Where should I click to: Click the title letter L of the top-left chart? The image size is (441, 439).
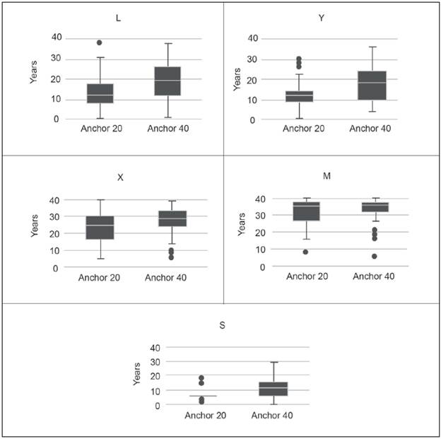[x=118, y=18]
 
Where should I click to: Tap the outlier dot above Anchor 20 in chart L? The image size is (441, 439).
[x=100, y=42]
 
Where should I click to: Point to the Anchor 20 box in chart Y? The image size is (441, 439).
[x=299, y=96]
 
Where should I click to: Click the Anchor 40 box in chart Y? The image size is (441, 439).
[x=372, y=85]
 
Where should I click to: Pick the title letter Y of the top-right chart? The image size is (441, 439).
[x=322, y=18]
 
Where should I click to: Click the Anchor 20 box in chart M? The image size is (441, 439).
[x=306, y=211]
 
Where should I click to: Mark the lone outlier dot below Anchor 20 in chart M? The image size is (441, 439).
[x=306, y=252]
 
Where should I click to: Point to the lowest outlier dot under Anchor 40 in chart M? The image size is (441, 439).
[x=374, y=256]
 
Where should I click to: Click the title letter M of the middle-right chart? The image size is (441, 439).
[x=327, y=175]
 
